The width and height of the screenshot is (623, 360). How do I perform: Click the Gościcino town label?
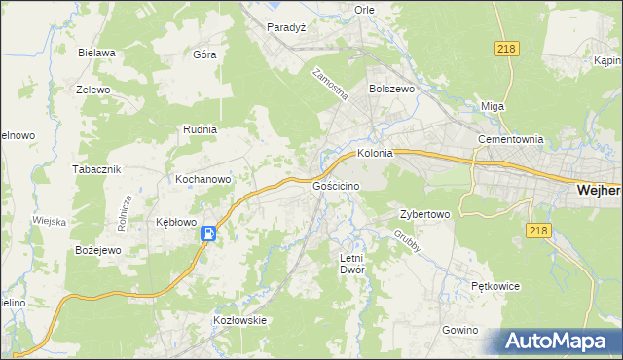338,185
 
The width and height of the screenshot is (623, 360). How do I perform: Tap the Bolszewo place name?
392,88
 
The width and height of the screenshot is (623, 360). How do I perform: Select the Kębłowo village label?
177,222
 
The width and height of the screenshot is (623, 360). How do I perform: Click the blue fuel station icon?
208,234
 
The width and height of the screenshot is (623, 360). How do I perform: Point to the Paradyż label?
287,27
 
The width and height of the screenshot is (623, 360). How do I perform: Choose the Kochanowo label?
202,179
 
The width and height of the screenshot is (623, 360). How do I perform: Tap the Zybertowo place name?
424,214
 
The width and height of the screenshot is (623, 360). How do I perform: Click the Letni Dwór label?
351,264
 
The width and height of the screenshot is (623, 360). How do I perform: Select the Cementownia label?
509,139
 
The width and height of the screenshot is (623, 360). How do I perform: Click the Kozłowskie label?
239,320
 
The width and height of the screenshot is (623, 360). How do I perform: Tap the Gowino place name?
460,330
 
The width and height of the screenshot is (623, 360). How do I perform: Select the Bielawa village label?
97,53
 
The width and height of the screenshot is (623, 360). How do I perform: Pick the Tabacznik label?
95,168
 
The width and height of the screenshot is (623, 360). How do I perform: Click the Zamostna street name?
330,86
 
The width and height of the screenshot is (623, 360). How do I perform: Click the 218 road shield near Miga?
507,49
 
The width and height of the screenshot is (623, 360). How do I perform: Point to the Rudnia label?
200,128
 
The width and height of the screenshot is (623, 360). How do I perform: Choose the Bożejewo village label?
97,250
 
